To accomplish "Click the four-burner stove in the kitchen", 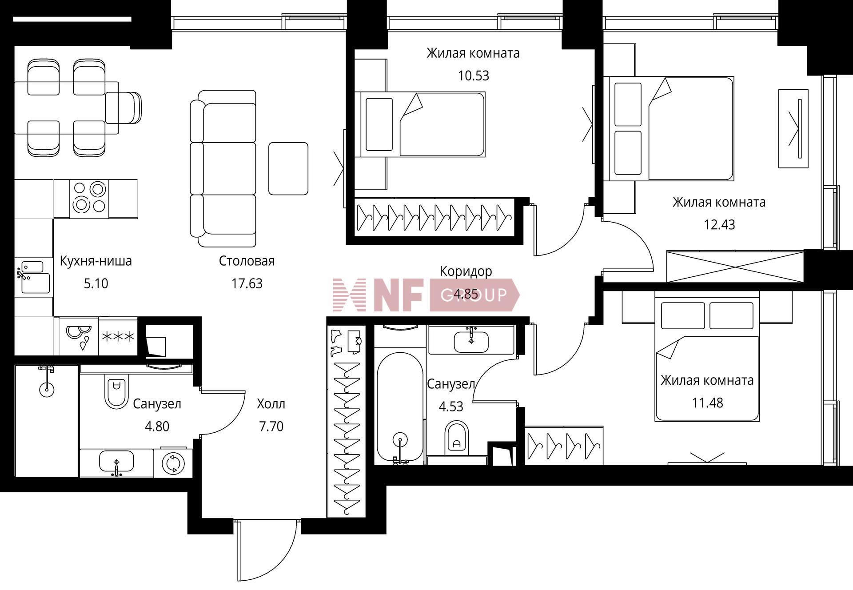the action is [89, 199].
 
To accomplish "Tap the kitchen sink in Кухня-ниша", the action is [33, 278].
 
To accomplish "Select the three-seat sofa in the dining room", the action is [223, 168].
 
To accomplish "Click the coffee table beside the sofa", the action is [288, 168].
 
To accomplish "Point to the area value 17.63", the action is [247, 283].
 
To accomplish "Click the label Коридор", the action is [466, 271].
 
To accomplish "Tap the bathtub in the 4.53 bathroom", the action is [400, 407].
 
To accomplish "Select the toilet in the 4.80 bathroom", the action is [116, 391].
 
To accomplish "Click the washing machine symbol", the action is [173, 463].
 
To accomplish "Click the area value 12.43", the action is [719, 225].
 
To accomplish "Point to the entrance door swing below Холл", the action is [267, 550].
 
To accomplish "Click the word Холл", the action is [271, 404].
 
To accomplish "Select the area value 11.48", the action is [707, 403].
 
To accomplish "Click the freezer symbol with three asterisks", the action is [118, 336].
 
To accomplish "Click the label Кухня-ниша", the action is [96, 261].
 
